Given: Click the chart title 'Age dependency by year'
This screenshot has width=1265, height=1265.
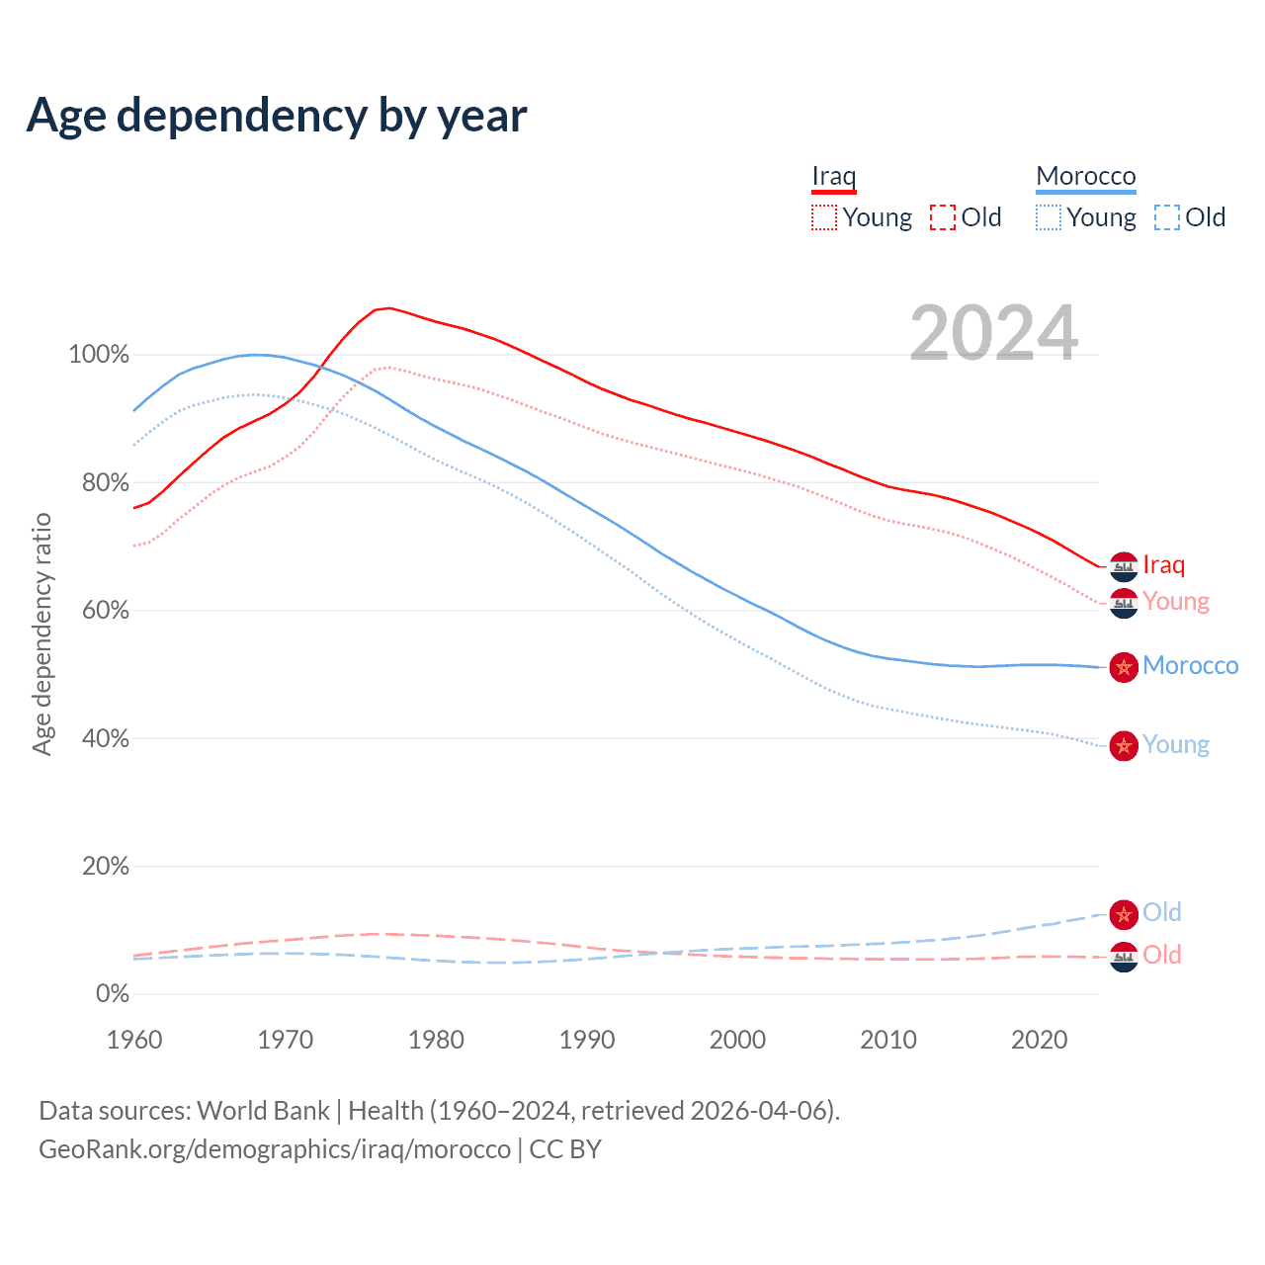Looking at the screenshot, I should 277,116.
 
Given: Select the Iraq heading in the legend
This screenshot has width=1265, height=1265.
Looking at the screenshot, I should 833,176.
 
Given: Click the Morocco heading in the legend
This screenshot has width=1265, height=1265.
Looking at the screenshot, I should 1085,176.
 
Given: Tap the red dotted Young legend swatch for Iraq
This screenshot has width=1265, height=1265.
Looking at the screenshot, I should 823,217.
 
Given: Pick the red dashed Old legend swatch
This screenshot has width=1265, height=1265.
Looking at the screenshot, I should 942,217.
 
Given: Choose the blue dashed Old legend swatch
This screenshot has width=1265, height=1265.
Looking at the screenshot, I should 1166,217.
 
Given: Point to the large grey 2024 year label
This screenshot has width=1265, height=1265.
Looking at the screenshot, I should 993,333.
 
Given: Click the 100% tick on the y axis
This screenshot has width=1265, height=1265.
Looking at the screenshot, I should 99,355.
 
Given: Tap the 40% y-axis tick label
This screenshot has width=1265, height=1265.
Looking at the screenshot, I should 105,738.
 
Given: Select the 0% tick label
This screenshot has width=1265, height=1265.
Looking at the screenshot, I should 112,994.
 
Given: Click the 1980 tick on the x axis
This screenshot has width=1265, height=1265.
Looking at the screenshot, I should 436,1040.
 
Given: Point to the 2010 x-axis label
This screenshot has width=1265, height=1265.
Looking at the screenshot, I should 887,1040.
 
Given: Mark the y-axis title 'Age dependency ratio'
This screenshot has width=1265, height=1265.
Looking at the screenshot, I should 42,633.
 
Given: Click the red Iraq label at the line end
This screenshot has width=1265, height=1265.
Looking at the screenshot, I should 1163,565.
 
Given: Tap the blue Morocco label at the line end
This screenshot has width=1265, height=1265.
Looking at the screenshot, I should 1190,666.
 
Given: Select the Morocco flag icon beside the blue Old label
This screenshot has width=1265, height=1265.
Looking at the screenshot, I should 1124,914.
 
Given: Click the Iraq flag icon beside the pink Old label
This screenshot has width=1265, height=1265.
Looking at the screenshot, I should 1124,957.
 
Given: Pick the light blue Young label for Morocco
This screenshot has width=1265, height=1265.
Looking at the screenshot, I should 1175,745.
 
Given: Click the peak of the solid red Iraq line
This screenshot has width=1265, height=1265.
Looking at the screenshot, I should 389,307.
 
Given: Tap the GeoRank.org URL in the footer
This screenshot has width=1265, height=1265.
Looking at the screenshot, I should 275,1149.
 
